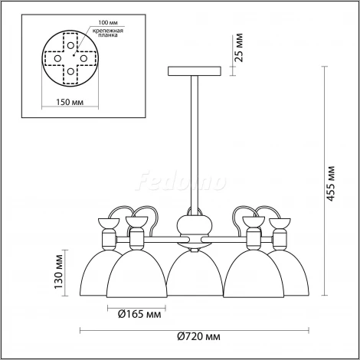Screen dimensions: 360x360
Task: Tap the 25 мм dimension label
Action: (239, 47)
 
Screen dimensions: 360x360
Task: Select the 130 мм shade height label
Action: (58, 271)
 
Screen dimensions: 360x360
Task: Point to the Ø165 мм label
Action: (139, 314)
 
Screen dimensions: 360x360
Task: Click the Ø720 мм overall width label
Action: (198, 336)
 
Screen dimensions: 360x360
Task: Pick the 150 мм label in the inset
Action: (70, 102)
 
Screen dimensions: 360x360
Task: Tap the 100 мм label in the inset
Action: (108, 22)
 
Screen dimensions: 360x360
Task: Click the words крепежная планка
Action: (108, 33)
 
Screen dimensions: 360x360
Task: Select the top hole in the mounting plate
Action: (70, 45)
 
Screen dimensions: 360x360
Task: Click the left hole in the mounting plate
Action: (57, 58)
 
